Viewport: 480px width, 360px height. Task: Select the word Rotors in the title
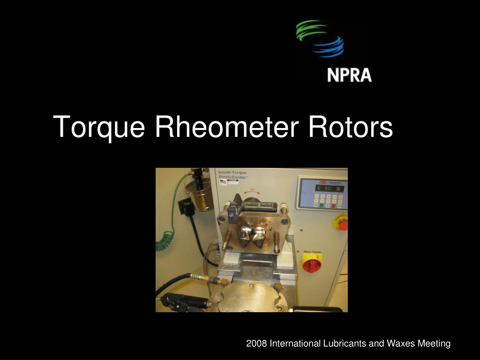click(350, 127)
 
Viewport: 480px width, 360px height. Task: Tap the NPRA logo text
click(349, 75)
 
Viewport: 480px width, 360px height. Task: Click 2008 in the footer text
click(256, 344)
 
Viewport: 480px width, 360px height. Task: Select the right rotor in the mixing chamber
click(259, 236)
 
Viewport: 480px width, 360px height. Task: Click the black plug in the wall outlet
click(188, 207)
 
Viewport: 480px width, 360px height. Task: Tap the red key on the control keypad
click(334, 205)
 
